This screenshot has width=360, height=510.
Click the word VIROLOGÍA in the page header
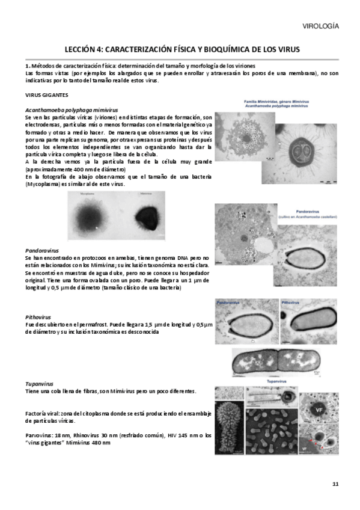319,26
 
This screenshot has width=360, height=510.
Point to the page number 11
335,484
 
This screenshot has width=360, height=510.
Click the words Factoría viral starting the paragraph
43,415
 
